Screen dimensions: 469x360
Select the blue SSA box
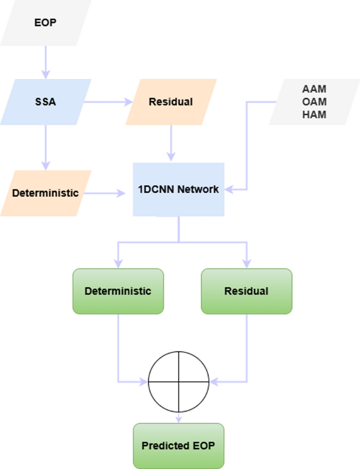click(x=45, y=101)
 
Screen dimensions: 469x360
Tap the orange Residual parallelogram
click(x=171, y=101)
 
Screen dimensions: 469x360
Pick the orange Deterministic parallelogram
click(x=45, y=193)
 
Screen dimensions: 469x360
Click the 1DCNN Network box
click(x=179, y=189)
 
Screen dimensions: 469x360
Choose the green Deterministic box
click(x=118, y=291)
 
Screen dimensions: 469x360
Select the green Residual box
click(x=246, y=291)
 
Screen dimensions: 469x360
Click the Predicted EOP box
click(x=179, y=446)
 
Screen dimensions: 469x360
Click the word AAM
click(x=314, y=90)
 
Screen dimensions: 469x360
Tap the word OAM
click(x=314, y=102)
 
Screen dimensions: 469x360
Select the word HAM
click(x=314, y=114)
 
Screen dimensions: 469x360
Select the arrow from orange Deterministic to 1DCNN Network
click(x=108, y=193)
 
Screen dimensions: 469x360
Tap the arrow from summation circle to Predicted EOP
click(x=179, y=416)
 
